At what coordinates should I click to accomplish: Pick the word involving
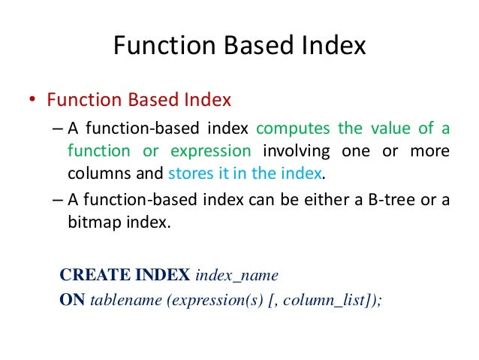(300, 151)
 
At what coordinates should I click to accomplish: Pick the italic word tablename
(125, 300)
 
